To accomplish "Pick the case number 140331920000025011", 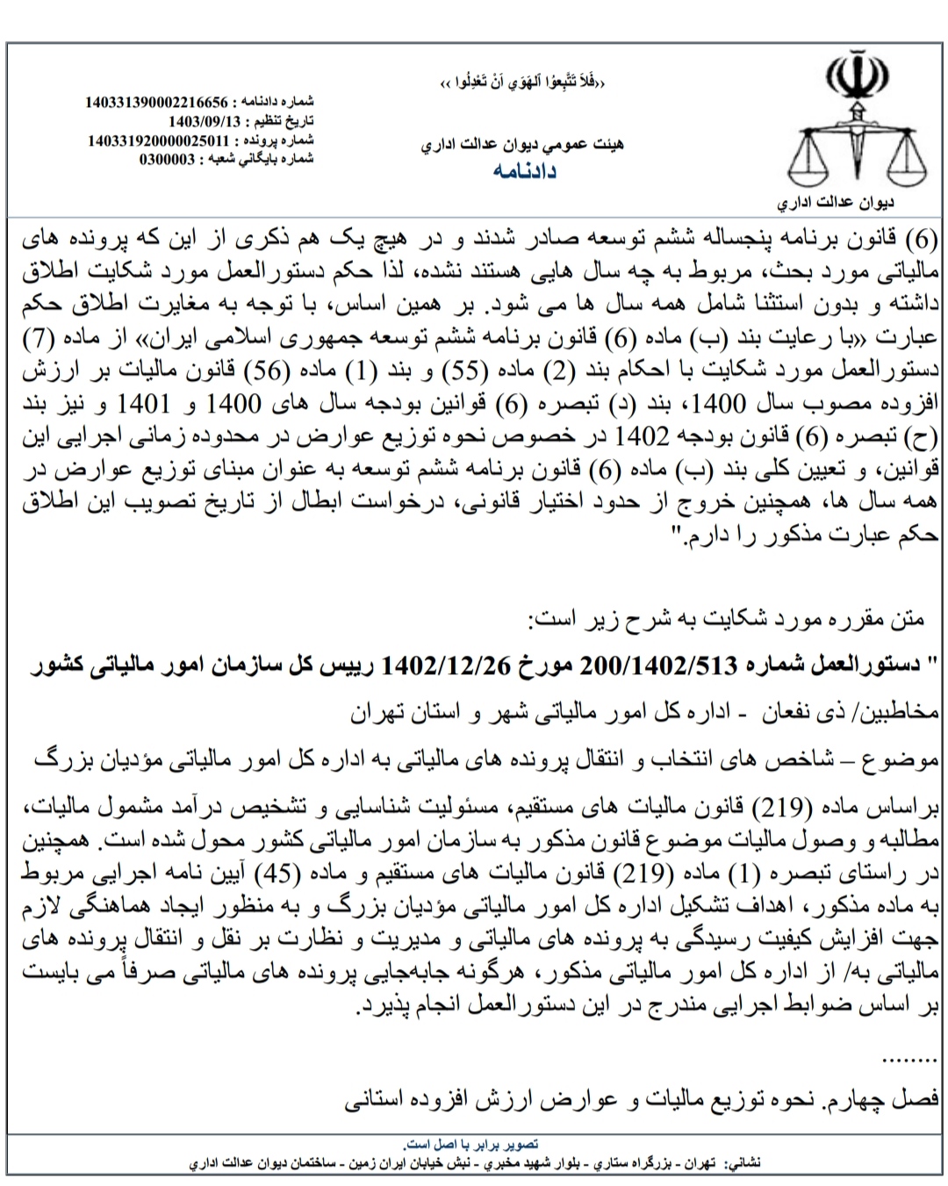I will [158, 140].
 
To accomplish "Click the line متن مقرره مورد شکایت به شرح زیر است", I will [729, 620].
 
